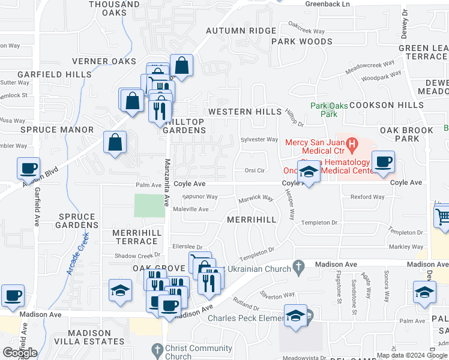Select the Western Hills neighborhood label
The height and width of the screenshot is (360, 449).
click(x=244, y=112)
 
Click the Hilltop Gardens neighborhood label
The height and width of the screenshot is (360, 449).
click(x=184, y=126)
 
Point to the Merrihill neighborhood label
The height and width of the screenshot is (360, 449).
click(x=252, y=220)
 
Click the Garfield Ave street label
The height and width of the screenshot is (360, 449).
click(x=37, y=207)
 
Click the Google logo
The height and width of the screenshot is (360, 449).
click(x=20, y=353)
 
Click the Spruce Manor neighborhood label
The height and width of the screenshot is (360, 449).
click(x=57, y=130)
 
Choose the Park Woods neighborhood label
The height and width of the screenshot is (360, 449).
click(x=301, y=41)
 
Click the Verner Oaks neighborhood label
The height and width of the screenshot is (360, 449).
click(x=103, y=61)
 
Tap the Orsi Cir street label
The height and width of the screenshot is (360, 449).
click(x=255, y=170)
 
